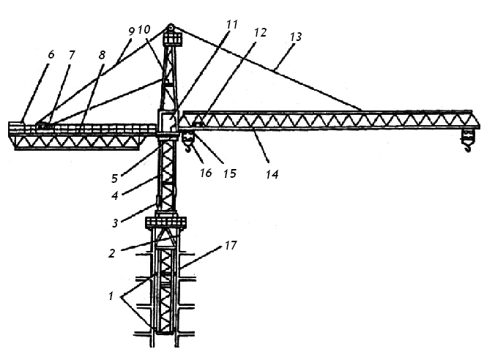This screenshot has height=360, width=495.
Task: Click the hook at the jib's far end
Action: coord(467,148)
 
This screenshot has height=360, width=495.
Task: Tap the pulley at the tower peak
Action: coord(171,27)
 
